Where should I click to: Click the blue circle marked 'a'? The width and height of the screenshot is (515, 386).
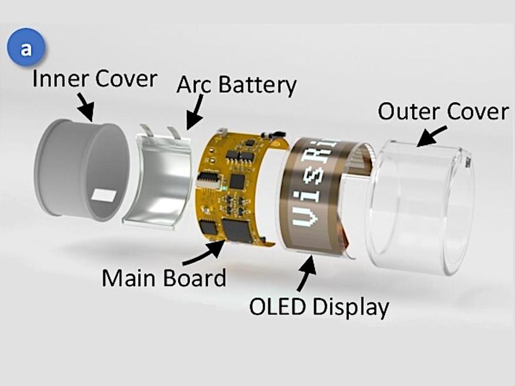(25, 49)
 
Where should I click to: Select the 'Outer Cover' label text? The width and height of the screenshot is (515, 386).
(442, 111)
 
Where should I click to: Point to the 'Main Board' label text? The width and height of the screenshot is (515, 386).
(164, 277)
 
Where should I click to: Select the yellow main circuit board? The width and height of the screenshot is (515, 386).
(235, 188)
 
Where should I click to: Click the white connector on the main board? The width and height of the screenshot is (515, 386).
(207, 178)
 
